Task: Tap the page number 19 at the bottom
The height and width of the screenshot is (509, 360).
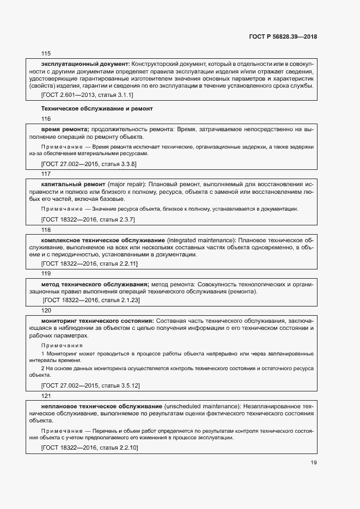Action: tap(313, 463)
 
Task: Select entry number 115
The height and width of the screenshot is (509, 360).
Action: tap(46, 53)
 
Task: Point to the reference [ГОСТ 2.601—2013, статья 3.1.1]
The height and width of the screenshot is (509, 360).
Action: tap(87, 95)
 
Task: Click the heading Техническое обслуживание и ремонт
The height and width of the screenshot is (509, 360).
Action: tap(97, 108)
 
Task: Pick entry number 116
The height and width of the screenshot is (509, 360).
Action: tap(46, 119)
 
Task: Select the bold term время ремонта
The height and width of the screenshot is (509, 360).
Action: tap(65, 129)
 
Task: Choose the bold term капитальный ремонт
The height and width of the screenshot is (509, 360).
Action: tap(73, 185)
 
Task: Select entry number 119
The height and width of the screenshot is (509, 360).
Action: tap(46, 273)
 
